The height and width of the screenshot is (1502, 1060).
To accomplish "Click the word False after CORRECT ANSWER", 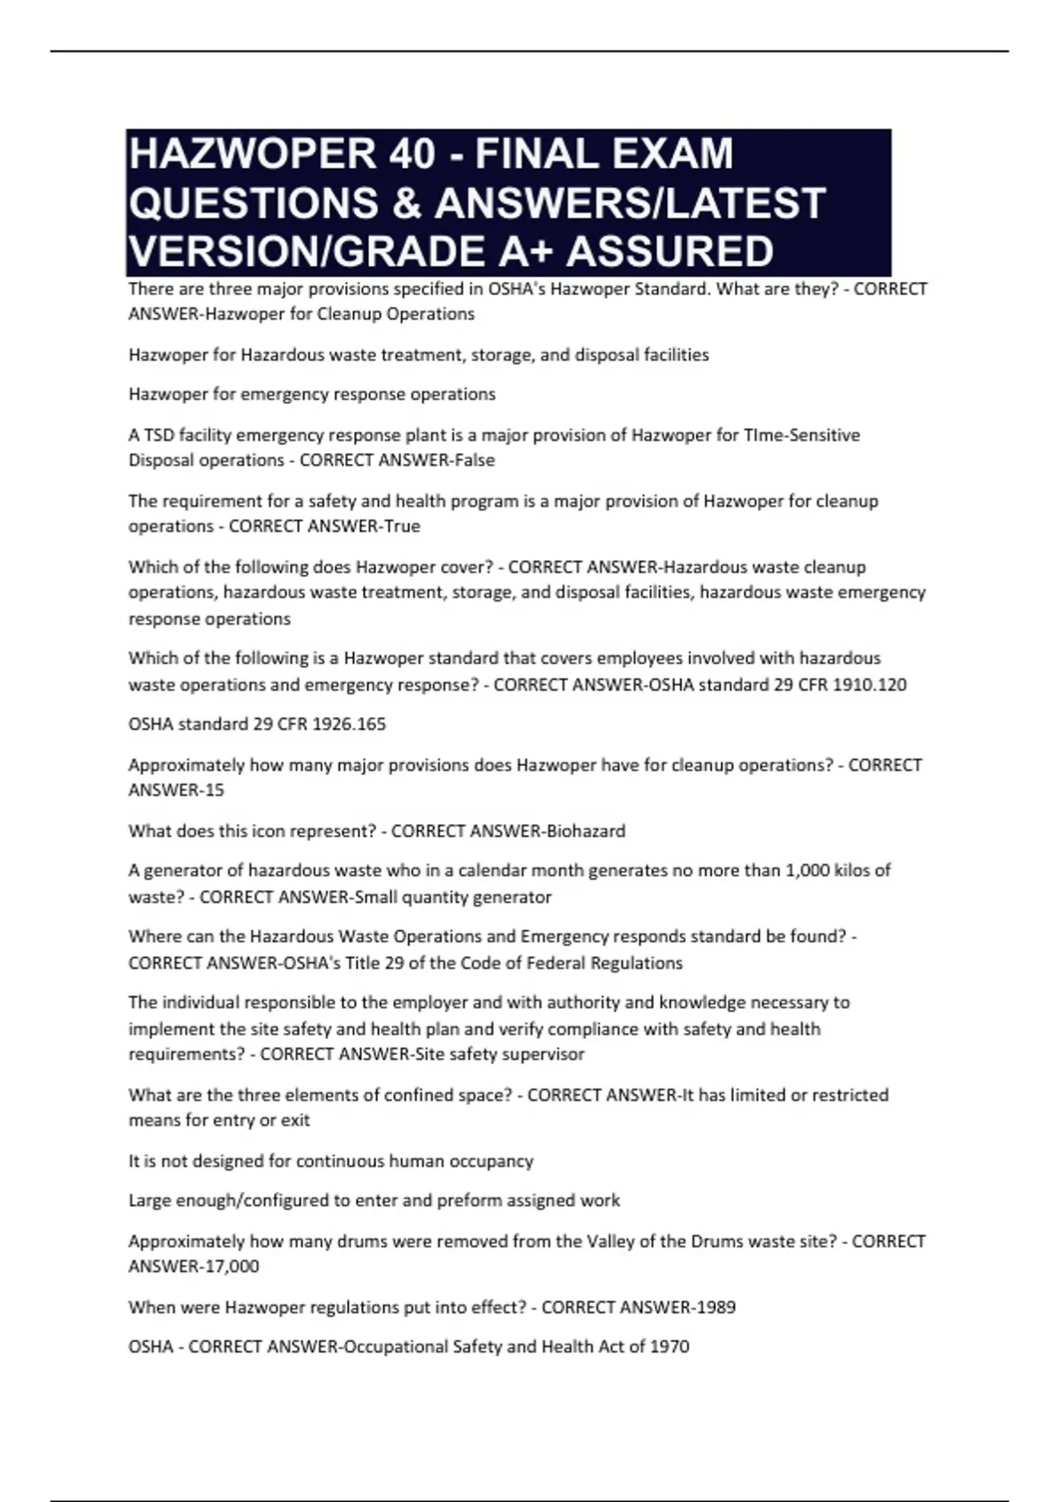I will point(474,460).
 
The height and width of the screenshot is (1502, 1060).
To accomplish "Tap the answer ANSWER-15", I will point(176,791).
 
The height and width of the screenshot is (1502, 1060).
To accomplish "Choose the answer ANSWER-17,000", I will point(193,1267).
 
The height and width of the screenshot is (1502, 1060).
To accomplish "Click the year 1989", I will point(715,1308).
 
